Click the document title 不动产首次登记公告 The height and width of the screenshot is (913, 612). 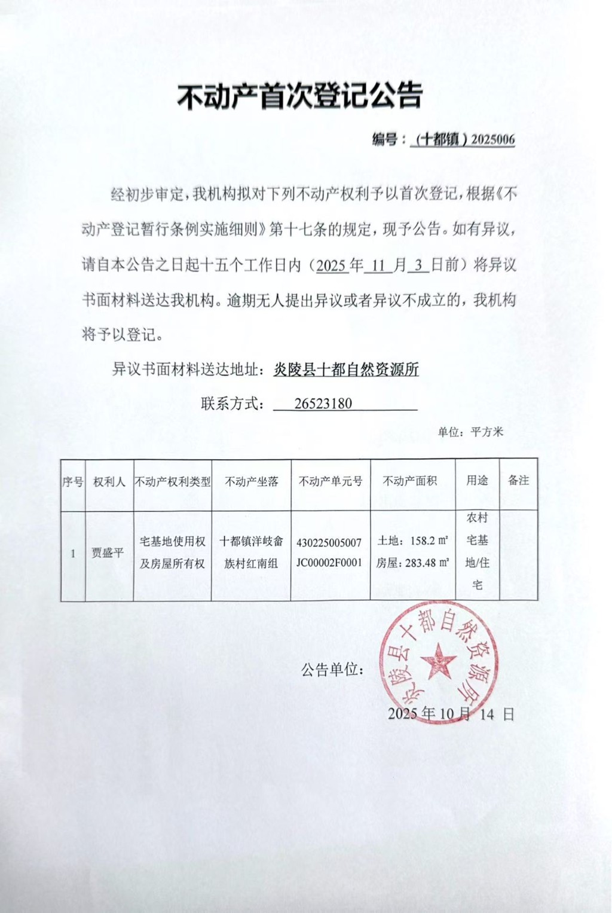click(300, 96)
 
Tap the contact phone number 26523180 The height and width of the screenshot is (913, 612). click(323, 404)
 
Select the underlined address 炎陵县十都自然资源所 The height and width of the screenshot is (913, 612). click(346, 370)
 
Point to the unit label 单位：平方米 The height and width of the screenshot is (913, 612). click(470, 432)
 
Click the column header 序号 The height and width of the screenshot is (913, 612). click(73, 481)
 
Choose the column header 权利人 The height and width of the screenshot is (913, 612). click(109, 481)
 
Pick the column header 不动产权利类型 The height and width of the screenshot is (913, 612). click(172, 481)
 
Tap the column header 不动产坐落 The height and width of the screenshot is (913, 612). click(251, 481)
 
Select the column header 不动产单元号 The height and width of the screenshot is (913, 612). click(331, 481)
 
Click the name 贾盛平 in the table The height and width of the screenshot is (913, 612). click(108, 553)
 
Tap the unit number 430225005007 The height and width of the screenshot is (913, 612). click(329, 543)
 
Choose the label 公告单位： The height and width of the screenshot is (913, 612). click(333, 670)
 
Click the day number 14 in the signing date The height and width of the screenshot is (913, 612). click(487, 714)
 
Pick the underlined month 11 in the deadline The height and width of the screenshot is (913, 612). click(378, 265)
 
